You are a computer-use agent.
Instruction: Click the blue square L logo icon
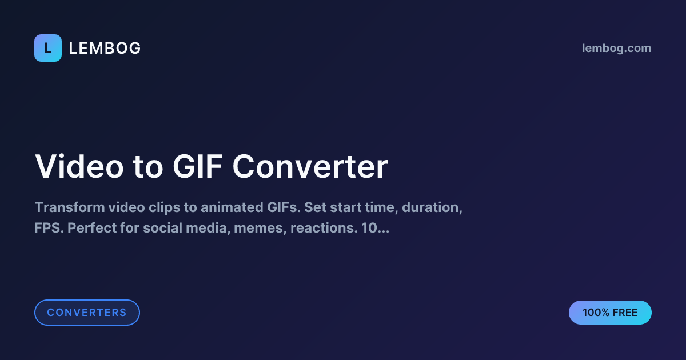[48, 48]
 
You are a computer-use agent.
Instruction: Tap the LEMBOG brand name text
[105, 49]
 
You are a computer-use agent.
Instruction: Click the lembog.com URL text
[616, 49]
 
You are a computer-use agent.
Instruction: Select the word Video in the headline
[79, 167]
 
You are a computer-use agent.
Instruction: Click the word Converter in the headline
[310, 167]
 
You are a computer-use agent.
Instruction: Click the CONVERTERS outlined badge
[87, 313]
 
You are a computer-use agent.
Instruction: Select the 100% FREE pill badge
[610, 313]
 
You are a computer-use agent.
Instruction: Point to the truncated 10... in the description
[376, 229]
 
